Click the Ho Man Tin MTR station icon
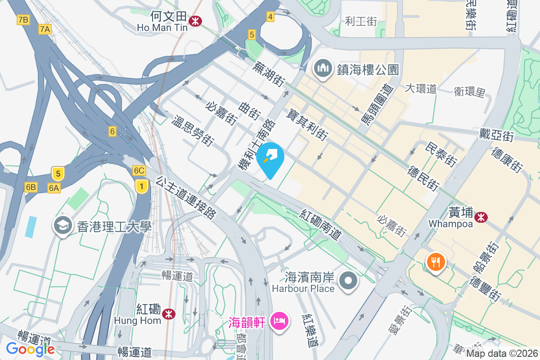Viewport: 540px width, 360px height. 195,21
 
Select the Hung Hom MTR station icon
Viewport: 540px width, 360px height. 169,314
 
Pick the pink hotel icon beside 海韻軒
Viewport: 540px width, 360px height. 279,322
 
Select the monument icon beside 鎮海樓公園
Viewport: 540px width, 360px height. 323,69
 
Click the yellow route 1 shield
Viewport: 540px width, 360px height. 141,186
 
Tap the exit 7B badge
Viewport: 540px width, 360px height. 22,19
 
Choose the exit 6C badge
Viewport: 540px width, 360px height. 139,171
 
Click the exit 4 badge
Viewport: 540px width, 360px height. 270,17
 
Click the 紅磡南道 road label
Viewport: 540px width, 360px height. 322,224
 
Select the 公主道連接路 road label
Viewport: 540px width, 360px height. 185,198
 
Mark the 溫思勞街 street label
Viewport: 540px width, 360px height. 192,131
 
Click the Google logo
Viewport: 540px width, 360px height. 30,349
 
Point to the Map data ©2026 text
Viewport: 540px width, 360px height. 502,353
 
